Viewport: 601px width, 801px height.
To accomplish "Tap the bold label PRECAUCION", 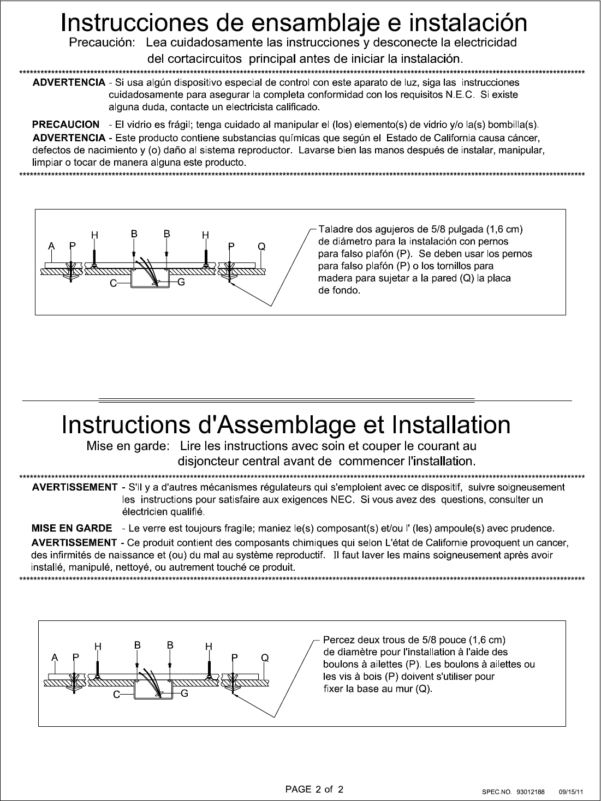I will coord(67,124).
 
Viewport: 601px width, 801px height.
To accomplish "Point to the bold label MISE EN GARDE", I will coord(72,528).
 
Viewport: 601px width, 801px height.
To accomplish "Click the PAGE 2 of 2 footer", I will coord(315,789).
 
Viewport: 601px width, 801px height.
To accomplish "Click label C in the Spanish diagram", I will coord(112,283).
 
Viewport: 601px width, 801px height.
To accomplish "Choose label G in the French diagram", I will coord(185,694).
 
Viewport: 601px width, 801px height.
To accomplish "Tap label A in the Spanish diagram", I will coord(51,246).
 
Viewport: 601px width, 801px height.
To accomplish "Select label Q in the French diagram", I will coord(265,658).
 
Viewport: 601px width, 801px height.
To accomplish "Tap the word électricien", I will coord(144,512).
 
